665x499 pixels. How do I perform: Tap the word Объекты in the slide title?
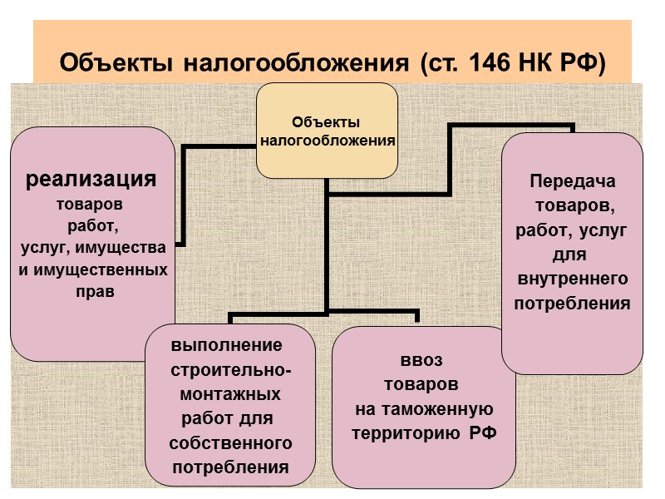coord(116,63)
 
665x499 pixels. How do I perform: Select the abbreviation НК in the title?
coord(551,63)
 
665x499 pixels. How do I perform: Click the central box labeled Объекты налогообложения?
coord(327,131)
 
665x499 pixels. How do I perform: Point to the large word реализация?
coord(92,179)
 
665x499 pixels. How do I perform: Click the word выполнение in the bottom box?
coord(226,345)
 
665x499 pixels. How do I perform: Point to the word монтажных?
coord(230,393)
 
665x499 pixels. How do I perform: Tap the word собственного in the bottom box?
coord(230,442)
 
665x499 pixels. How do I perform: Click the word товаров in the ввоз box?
coord(421,385)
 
